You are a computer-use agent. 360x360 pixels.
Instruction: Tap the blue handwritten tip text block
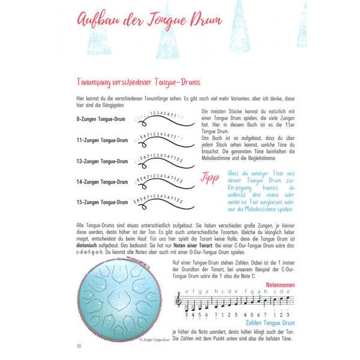[x=260, y=190]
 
